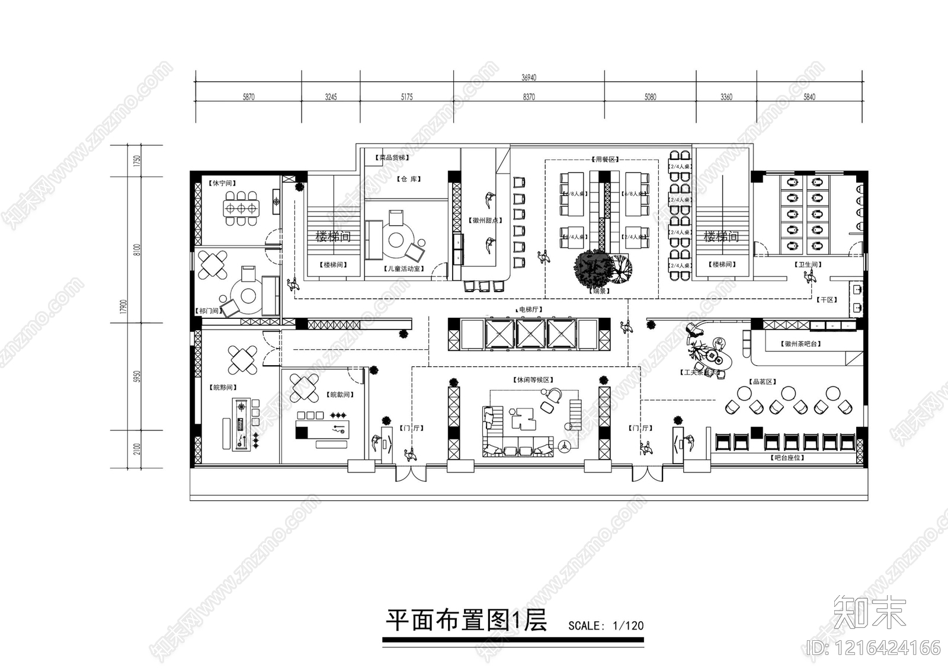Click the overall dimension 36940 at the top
pos(529,78)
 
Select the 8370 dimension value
pos(529,97)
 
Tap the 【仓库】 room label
pos(409,179)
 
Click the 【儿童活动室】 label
pos(405,269)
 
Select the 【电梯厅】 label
pos(529,309)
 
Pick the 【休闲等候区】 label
pos(532,379)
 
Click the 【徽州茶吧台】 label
pos(802,344)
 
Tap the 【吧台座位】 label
pos(788,458)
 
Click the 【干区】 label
pos(828,300)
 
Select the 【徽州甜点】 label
pos(487,221)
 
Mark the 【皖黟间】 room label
pos(223,388)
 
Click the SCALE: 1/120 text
pos(606,625)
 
